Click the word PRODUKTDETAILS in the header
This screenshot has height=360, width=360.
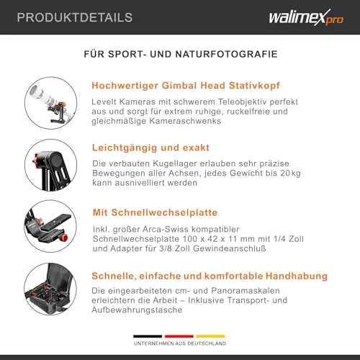[x=75, y=17]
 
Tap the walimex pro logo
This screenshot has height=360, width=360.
[x=306, y=17]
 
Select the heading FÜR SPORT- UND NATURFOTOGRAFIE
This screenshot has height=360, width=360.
[x=181, y=54]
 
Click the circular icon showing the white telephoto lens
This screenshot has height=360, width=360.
[x=50, y=103]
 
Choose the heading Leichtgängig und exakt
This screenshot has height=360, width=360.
[x=150, y=148]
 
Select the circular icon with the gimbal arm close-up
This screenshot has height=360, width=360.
[x=50, y=165]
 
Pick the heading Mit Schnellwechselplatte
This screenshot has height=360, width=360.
[x=155, y=212]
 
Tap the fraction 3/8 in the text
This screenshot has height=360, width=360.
[x=166, y=248]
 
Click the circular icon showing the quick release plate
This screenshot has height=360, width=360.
[x=50, y=226]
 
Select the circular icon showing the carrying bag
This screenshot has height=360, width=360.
[x=50, y=289]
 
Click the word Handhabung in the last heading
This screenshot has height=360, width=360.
[x=297, y=276]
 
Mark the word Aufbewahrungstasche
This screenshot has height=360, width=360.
[x=137, y=310]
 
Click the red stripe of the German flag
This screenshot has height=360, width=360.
[x=179, y=336]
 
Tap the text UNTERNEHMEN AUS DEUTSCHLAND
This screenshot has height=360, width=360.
[x=180, y=343]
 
